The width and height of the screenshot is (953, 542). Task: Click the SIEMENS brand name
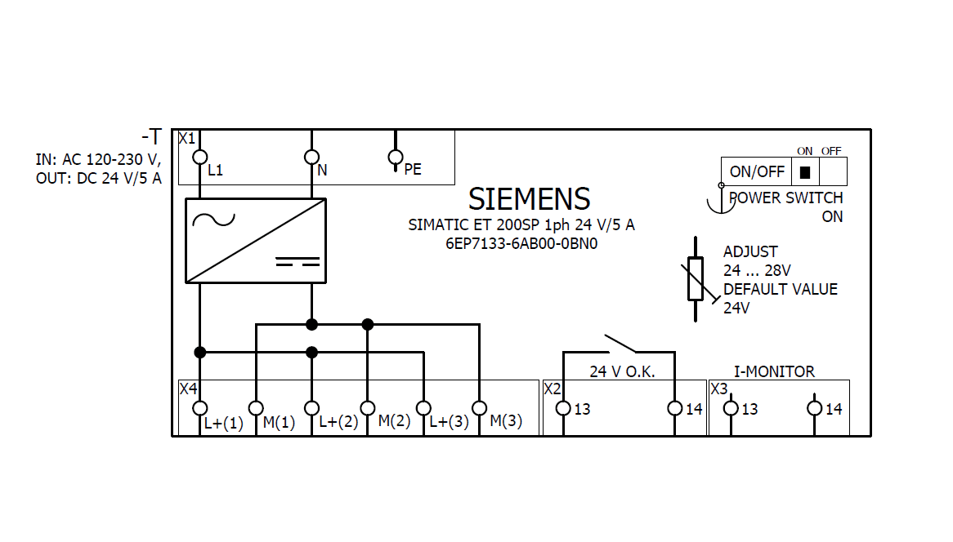click(x=529, y=199)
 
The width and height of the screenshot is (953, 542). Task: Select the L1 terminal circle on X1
click(x=199, y=157)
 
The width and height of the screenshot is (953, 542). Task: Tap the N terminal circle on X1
click(x=311, y=157)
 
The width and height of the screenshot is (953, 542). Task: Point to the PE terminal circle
click(x=396, y=157)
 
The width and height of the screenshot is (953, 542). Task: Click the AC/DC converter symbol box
click(x=256, y=241)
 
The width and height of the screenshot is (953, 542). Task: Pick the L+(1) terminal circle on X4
click(x=199, y=408)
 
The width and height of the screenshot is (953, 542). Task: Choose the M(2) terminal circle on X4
click(x=368, y=408)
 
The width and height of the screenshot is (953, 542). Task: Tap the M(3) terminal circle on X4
click(x=479, y=408)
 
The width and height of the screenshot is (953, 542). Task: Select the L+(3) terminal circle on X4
click(x=423, y=408)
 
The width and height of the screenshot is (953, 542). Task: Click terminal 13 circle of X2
click(x=563, y=408)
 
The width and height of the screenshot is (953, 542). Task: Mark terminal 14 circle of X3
click(x=814, y=408)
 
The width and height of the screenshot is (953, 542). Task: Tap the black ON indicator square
click(x=805, y=172)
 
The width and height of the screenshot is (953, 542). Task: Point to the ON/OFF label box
click(x=756, y=171)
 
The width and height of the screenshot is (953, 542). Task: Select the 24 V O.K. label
click(x=622, y=371)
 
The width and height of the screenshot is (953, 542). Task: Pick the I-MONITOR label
click(x=774, y=371)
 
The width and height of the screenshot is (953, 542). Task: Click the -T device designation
click(x=151, y=136)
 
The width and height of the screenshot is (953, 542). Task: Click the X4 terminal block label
click(x=188, y=389)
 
